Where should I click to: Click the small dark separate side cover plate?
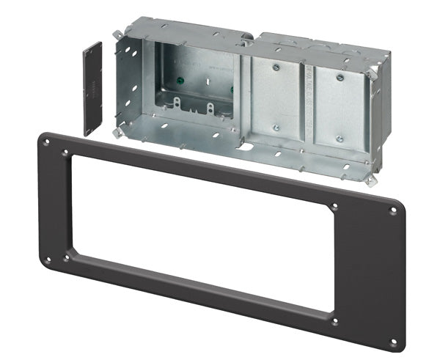92,88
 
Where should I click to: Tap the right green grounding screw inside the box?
232,89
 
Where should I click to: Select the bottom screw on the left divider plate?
276,128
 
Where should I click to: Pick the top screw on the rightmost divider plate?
340,75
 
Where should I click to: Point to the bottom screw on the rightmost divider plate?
338,138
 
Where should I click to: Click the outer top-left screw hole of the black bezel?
48,138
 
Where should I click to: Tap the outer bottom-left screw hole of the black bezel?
48,259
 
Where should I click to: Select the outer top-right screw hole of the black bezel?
393,211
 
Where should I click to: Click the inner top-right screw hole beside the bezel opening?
335,207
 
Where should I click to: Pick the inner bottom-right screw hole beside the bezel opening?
334,320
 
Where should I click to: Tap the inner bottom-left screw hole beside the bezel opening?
67,257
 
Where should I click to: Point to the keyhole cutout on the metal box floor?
247,147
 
